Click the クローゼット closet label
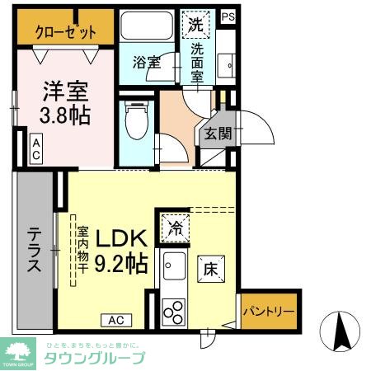point(66,32)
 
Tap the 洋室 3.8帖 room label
point(65,101)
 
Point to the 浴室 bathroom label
point(145,60)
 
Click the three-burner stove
point(175,311)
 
